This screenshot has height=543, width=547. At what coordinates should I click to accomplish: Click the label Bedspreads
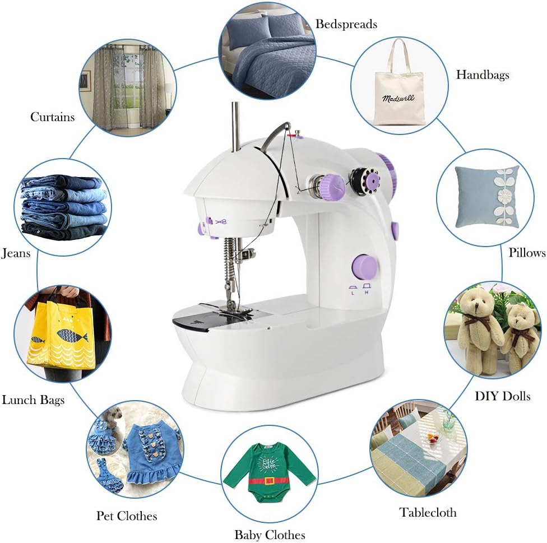coord(346,24)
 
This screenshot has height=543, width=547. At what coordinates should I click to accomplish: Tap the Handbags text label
coord(482,75)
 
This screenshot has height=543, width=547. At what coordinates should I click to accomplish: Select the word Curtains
coord(52,117)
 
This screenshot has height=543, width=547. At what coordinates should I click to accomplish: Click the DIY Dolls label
coord(502,396)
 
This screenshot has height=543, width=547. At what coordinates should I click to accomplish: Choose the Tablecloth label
coord(428,512)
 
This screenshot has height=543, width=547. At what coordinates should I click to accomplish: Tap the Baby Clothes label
coord(270,535)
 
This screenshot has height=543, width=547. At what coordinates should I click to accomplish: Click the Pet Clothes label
coord(126,516)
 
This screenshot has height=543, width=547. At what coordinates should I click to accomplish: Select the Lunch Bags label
coord(33,400)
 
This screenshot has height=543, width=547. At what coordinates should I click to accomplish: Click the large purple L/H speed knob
coord(364,266)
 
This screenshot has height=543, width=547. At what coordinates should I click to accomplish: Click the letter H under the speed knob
coord(366,292)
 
